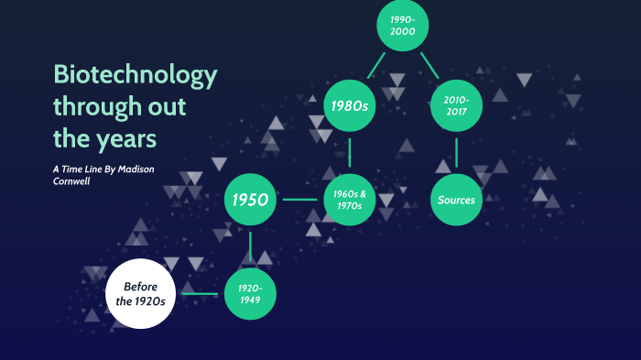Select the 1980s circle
point(350,107)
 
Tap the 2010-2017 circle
point(456,106)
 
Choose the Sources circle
point(456,199)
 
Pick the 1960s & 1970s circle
point(350,199)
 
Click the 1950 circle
point(251,199)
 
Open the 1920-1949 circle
point(251,293)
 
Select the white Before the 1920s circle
point(139,293)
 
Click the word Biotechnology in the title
point(136,75)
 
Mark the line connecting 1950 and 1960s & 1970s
point(300,199)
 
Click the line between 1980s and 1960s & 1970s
point(350,153)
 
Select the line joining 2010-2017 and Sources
point(456,152)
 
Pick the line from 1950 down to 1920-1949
point(251,245)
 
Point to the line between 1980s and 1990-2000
point(375,65)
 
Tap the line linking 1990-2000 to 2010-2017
point(429,65)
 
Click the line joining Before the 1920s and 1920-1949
point(197,294)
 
